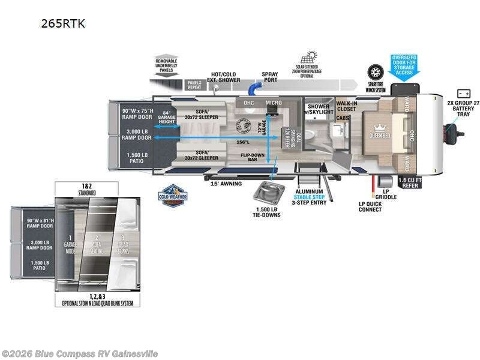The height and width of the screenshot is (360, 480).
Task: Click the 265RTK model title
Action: (63, 24)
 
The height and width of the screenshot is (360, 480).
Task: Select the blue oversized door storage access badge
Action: (404, 67)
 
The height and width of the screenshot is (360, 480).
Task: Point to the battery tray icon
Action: (463, 94)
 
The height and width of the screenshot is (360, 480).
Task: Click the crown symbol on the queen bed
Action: (379, 127)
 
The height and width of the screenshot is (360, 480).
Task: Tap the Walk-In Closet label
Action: (347, 106)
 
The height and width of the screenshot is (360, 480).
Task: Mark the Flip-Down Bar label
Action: (253, 158)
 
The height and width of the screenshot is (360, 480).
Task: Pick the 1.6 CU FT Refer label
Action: (411, 182)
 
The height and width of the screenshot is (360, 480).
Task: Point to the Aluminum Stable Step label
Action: (308, 194)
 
